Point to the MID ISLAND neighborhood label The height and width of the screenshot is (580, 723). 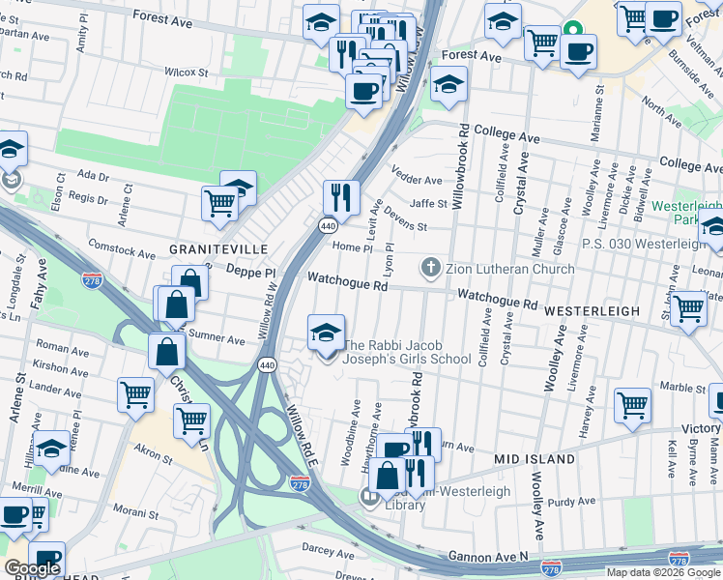point(535,458)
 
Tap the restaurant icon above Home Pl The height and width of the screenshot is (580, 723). point(340,198)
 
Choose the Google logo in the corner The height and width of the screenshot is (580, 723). point(32,568)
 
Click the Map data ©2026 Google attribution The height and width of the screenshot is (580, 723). point(663,572)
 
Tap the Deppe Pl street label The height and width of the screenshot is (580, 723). point(251,274)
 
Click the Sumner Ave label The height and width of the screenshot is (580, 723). point(221,339)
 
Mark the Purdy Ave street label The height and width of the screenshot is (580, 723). point(570,502)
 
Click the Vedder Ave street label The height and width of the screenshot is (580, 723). point(416,180)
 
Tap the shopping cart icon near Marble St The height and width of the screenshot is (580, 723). point(632,405)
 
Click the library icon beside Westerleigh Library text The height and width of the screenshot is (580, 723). point(368,498)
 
